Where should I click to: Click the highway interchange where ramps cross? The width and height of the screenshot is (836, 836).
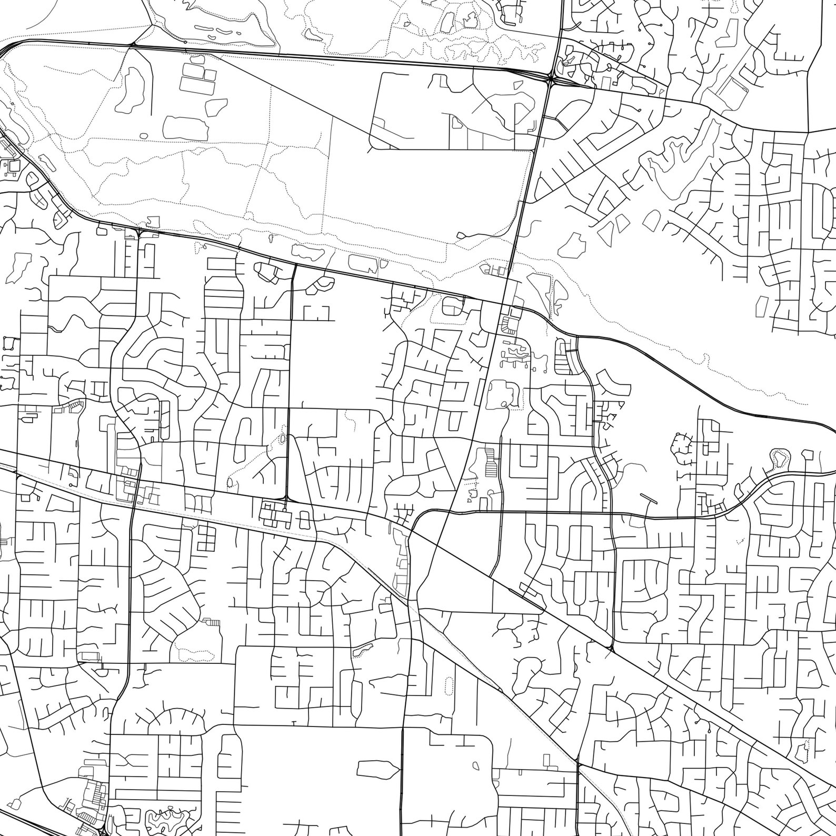[x=551, y=79]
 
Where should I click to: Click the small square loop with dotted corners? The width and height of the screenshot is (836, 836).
[x=8, y=343]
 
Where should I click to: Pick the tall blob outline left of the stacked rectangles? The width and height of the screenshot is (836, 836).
[x=129, y=89]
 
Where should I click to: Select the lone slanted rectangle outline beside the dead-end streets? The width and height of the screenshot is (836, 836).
[x=762, y=307]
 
